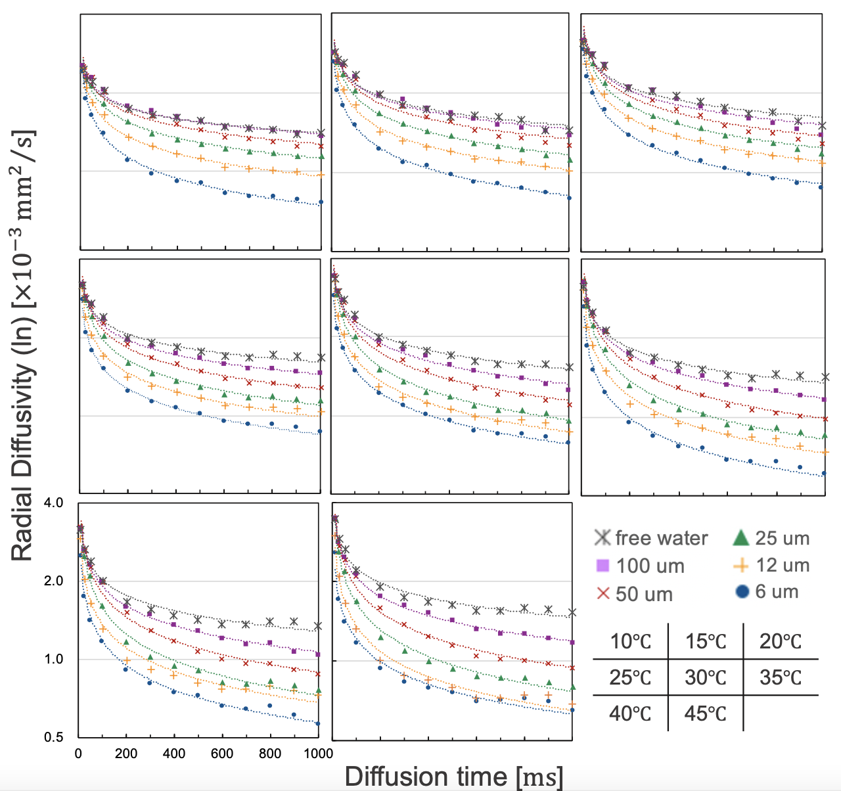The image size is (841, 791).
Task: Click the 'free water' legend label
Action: click(x=661, y=538)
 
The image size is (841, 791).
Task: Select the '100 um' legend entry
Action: click(x=650, y=566)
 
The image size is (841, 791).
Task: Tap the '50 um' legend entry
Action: click(x=644, y=594)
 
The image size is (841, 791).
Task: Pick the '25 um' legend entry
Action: click(x=782, y=538)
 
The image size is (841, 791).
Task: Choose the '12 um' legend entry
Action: click(x=782, y=565)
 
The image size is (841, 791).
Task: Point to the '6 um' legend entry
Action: click(x=776, y=591)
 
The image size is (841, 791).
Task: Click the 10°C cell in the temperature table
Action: click(x=630, y=641)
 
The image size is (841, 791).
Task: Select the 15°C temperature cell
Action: click(x=706, y=641)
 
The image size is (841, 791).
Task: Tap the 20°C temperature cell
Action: click(x=781, y=641)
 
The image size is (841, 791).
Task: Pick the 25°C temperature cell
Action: click(x=630, y=677)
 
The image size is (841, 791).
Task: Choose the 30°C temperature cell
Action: click(x=706, y=677)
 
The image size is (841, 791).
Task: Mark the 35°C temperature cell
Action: click(x=781, y=677)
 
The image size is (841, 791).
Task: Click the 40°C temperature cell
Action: click(x=630, y=713)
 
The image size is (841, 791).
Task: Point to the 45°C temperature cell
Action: click(x=706, y=713)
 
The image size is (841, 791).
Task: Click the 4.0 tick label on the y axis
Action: click(x=54, y=503)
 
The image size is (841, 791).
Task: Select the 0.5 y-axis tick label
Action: click(x=54, y=737)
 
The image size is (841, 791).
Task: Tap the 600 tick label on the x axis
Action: click(x=222, y=754)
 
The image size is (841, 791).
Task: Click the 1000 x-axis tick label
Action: click(x=319, y=754)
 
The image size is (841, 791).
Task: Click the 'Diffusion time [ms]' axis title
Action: click(x=453, y=777)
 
